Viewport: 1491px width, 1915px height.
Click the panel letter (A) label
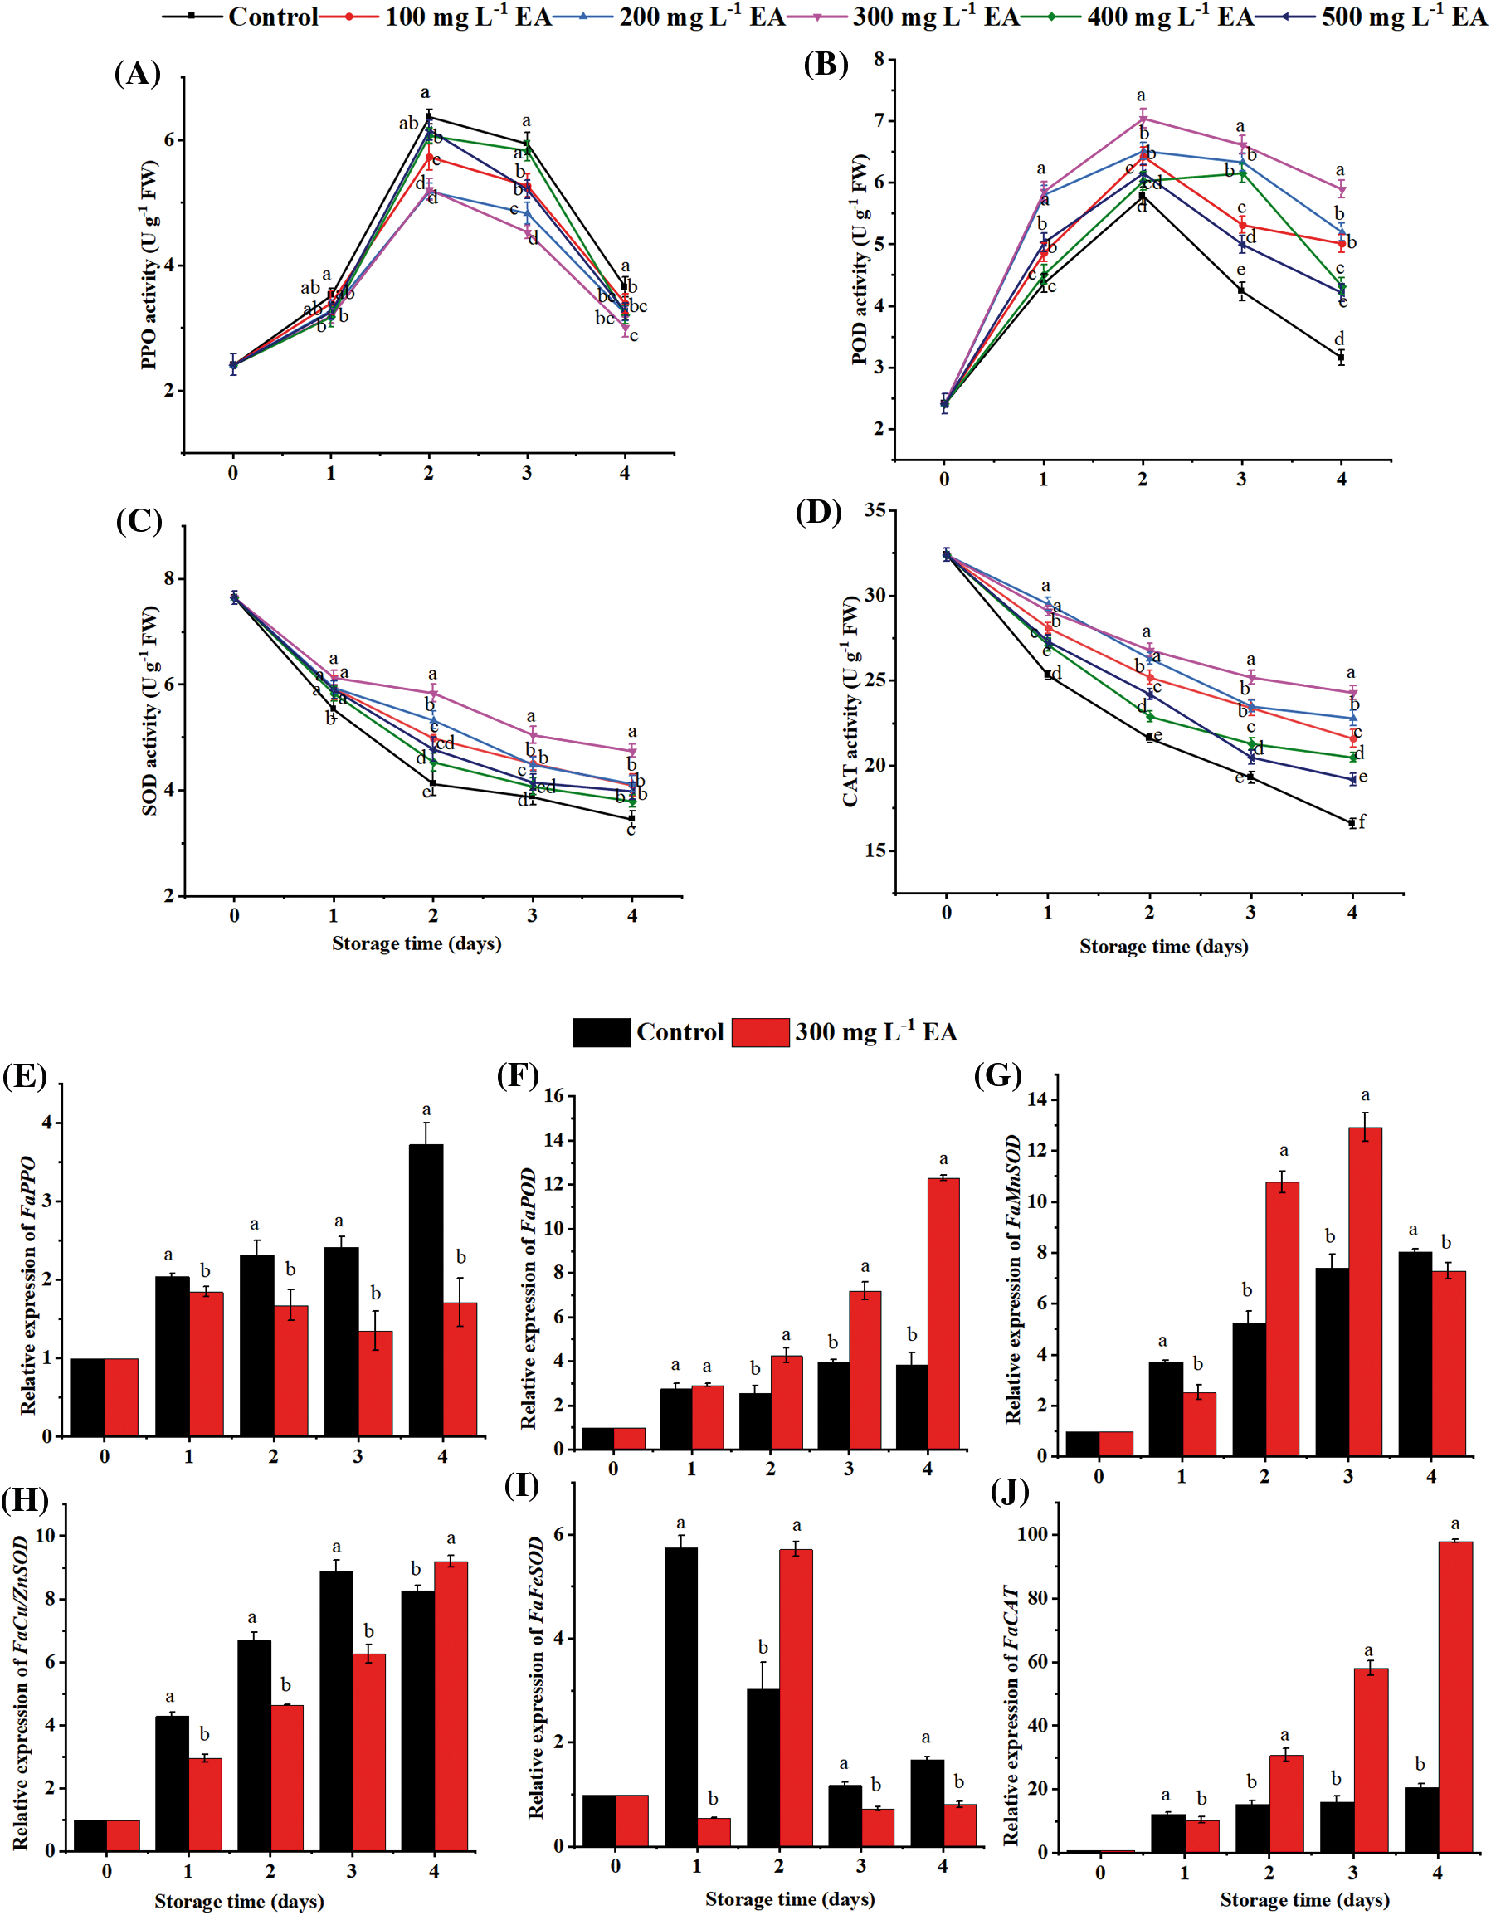tap(138, 74)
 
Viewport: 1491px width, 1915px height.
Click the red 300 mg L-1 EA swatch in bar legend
tap(759, 1032)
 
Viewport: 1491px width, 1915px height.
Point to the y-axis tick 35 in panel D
tap(875, 510)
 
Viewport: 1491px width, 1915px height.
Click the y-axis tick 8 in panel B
tap(879, 59)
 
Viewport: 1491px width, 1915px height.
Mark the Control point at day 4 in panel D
tap(1352, 822)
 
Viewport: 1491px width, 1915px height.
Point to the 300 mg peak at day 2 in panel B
tap(1142, 119)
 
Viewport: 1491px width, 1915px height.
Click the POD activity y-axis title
tap(860, 259)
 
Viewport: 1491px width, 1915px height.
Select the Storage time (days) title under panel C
tap(417, 943)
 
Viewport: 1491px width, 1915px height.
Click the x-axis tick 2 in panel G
tap(1264, 1478)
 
